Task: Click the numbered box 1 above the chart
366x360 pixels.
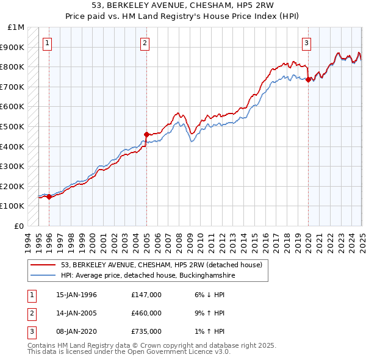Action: (48, 43)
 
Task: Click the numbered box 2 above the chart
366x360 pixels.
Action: (145, 43)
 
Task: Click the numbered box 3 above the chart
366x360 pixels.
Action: (306, 43)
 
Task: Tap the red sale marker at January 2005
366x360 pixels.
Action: (146, 134)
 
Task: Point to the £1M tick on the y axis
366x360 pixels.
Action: (16, 27)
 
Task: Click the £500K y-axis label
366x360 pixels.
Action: (13, 126)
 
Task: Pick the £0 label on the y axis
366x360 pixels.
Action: (19, 226)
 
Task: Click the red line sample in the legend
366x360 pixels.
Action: (43, 265)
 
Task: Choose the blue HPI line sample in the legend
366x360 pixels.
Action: (43, 276)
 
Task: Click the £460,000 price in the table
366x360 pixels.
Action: (146, 313)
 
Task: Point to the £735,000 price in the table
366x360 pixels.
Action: (146, 331)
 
